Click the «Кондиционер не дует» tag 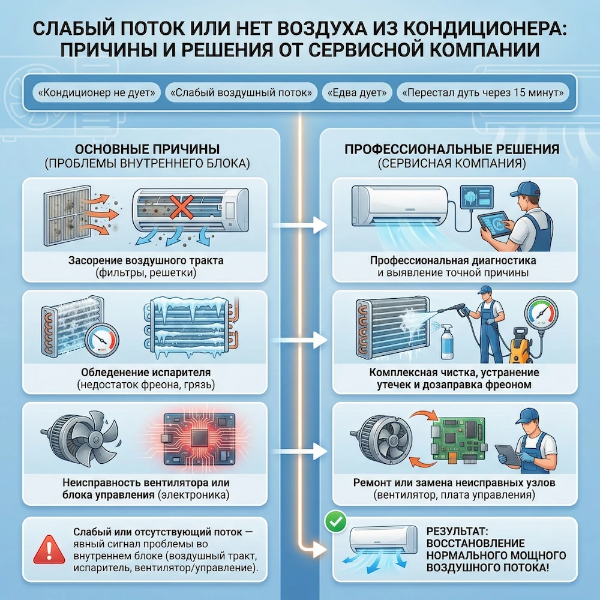pos(94,93)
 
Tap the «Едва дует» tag pos(358,93)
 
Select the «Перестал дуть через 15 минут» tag pos(483,93)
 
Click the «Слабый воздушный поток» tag pos(243,93)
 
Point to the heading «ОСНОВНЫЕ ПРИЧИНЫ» pos(148,149)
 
